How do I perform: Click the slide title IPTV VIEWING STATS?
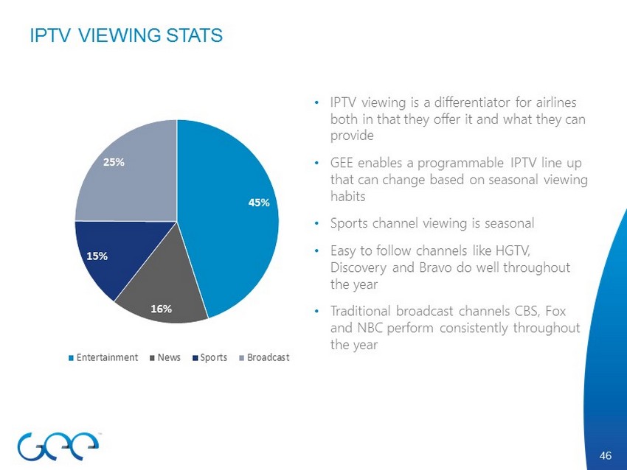click(125, 35)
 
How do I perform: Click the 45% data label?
click(259, 203)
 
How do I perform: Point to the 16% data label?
click(162, 309)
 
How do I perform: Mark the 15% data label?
click(97, 256)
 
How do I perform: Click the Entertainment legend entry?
click(108, 357)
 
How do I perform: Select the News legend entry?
click(168, 357)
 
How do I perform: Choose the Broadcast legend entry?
click(268, 357)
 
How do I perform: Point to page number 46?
click(606, 456)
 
